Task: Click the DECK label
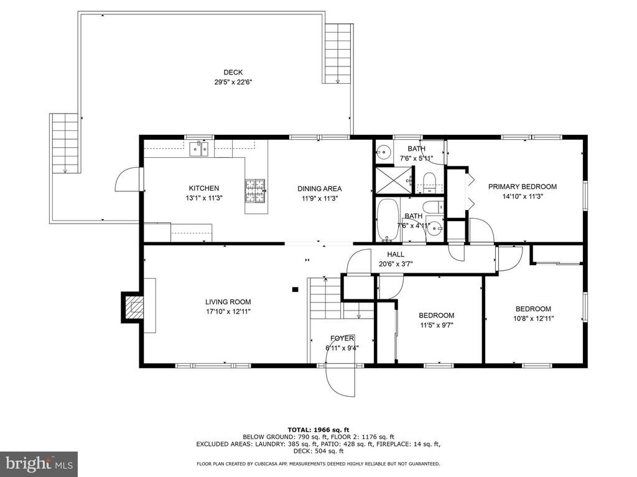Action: click(x=233, y=73)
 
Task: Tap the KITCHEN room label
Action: click(x=204, y=188)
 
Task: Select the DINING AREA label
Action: click(x=319, y=189)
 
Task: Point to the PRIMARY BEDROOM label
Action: click(x=523, y=186)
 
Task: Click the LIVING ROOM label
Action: click(x=228, y=302)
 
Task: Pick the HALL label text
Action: click(x=396, y=254)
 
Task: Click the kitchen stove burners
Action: click(x=254, y=191)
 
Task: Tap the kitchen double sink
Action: click(x=198, y=149)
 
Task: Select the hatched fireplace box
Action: click(x=134, y=307)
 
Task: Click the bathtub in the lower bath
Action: click(x=388, y=220)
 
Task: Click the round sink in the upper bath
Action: click(x=383, y=153)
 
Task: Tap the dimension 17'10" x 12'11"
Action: click(x=228, y=312)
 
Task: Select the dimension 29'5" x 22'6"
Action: click(x=233, y=82)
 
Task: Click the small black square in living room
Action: click(x=295, y=289)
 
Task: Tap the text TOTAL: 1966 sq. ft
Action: click(x=318, y=430)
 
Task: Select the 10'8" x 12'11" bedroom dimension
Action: click(x=533, y=319)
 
